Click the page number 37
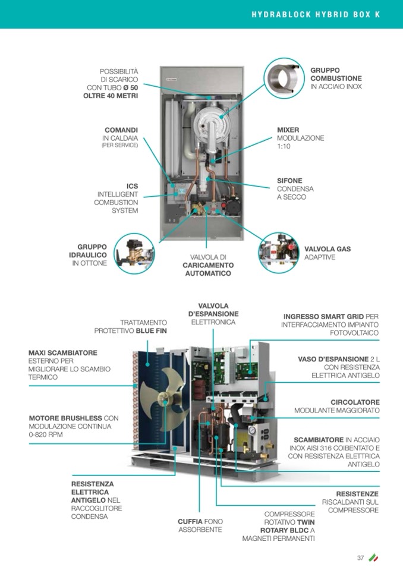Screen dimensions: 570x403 coord(360,558)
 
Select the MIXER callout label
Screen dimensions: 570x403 coord(288,130)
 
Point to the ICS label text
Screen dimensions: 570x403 coord(132,186)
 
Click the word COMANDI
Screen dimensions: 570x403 coord(121,130)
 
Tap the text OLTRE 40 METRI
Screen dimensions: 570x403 coord(111,96)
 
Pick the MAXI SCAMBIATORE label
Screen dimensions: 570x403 coord(63,352)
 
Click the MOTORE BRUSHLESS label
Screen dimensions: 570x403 coord(65,418)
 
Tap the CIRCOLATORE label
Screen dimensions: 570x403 coord(355,402)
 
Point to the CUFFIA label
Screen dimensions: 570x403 coord(190,521)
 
